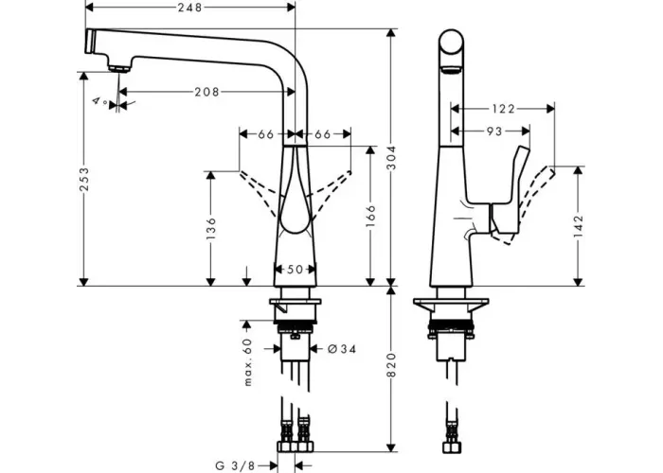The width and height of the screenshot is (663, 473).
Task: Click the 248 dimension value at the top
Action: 189,8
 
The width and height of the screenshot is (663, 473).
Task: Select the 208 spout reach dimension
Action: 206,92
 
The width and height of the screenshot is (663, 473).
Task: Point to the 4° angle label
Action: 100,101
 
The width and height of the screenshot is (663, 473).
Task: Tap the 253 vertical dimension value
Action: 84,179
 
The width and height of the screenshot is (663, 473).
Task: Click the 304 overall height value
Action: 392,158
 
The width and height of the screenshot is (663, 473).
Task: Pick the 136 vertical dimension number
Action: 210,229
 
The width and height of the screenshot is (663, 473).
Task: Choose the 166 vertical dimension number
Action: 370,216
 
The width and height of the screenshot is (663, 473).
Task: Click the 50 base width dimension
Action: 295,269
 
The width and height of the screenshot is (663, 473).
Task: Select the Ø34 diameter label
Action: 342,349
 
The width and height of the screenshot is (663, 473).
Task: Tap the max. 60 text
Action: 248,362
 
